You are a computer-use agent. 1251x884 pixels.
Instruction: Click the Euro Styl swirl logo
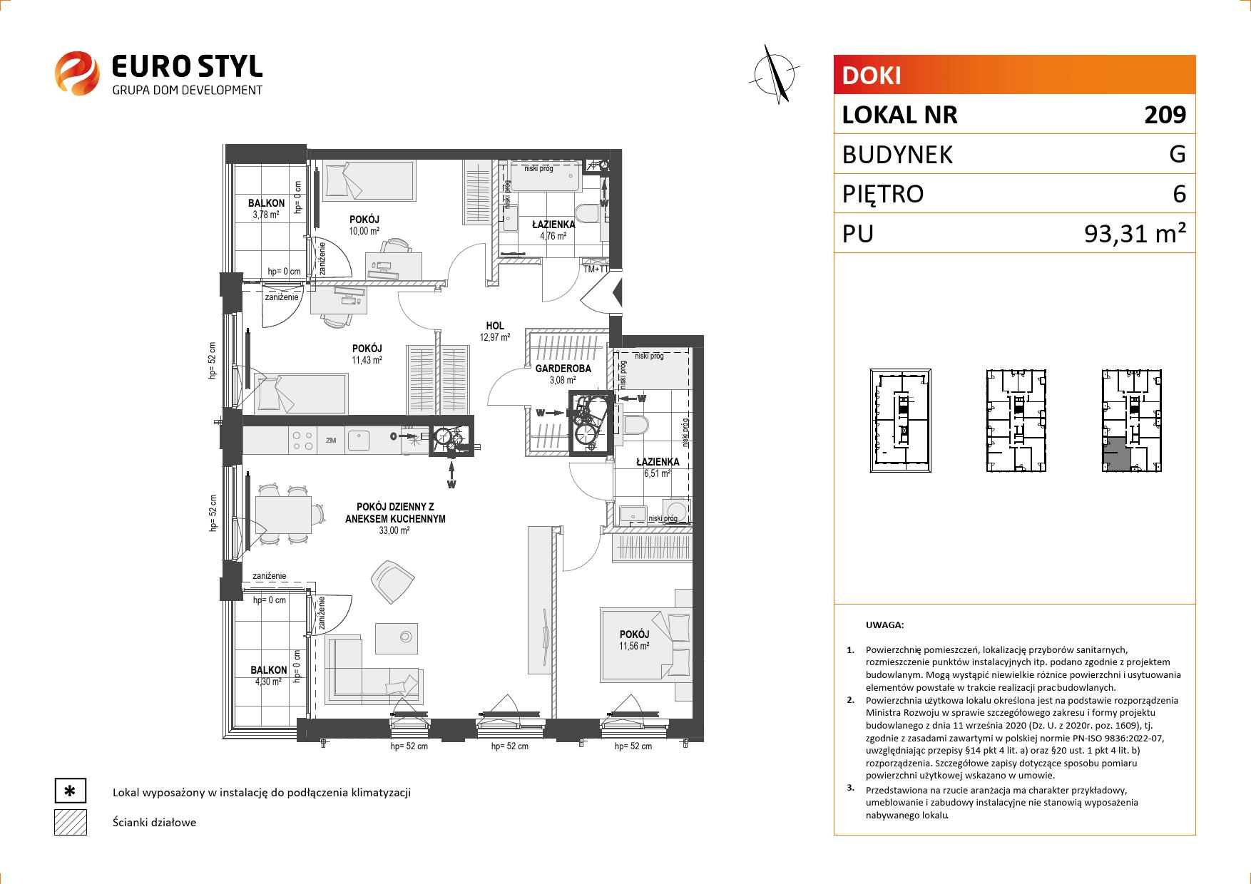point(76,72)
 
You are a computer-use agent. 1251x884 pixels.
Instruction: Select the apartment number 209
point(1165,115)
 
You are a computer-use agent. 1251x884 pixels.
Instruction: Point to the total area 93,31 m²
point(1135,233)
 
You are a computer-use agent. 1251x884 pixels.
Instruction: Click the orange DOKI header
point(1014,75)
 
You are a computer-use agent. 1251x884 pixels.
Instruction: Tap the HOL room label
point(495,327)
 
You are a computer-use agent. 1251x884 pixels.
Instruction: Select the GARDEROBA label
point(563,369)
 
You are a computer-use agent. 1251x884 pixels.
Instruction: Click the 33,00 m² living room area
point(395,530)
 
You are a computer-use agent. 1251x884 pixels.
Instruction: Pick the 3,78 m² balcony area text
point(267,214)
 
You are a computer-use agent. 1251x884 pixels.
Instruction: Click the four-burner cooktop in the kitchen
point(302,440)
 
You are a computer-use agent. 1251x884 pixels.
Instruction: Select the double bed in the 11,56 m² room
point(646,644)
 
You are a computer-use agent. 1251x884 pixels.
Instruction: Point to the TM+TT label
point(596,269)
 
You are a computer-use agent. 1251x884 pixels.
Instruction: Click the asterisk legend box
point(70,791)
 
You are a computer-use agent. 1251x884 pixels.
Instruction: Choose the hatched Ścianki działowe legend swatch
point(70,822)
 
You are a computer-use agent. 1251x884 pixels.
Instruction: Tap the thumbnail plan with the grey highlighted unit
point(1132,421)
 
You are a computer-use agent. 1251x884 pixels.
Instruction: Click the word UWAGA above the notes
point(884,625)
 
